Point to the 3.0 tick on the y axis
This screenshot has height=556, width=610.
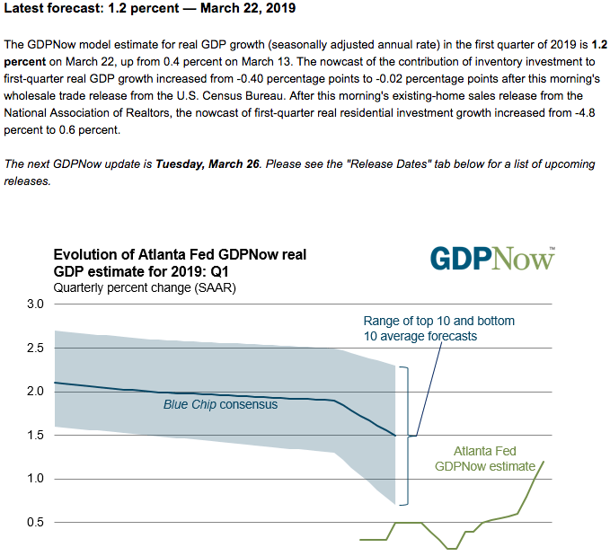point(34,304)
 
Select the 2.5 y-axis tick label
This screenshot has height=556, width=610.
point(34,348)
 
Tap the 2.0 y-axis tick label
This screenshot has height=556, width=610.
point(34,392)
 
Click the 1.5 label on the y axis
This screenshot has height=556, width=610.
point(34,435)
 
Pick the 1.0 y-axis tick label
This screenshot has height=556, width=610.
point(34,479)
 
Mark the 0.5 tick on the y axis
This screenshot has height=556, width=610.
point(34,522)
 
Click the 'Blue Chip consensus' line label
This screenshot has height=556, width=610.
point(220,404)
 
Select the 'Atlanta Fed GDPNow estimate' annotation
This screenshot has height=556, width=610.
point(484,458)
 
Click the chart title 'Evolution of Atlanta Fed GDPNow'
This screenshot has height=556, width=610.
point(180,263)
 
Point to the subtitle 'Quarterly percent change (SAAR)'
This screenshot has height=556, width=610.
point(144,288)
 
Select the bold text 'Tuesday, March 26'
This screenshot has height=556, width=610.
point(208,164)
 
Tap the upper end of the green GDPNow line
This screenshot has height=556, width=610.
point(544,462)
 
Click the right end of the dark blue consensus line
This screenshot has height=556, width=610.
point(394,435)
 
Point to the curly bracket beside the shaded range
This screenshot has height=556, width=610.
point(407,435)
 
